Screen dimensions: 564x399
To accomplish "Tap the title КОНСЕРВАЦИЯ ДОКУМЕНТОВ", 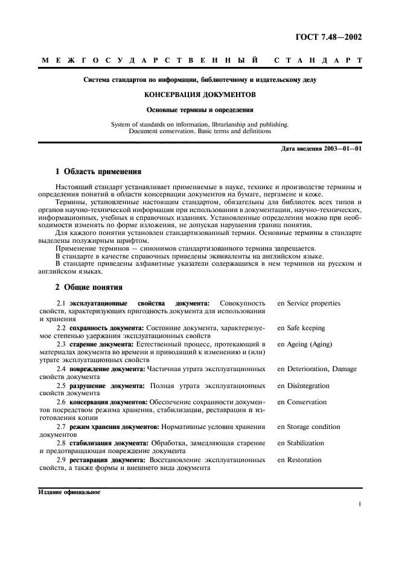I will point(199,95).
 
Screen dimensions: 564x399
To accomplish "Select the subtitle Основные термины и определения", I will point(199,110).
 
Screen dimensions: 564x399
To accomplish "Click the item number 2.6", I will point(61,402).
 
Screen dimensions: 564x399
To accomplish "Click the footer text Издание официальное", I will point(69,491).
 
